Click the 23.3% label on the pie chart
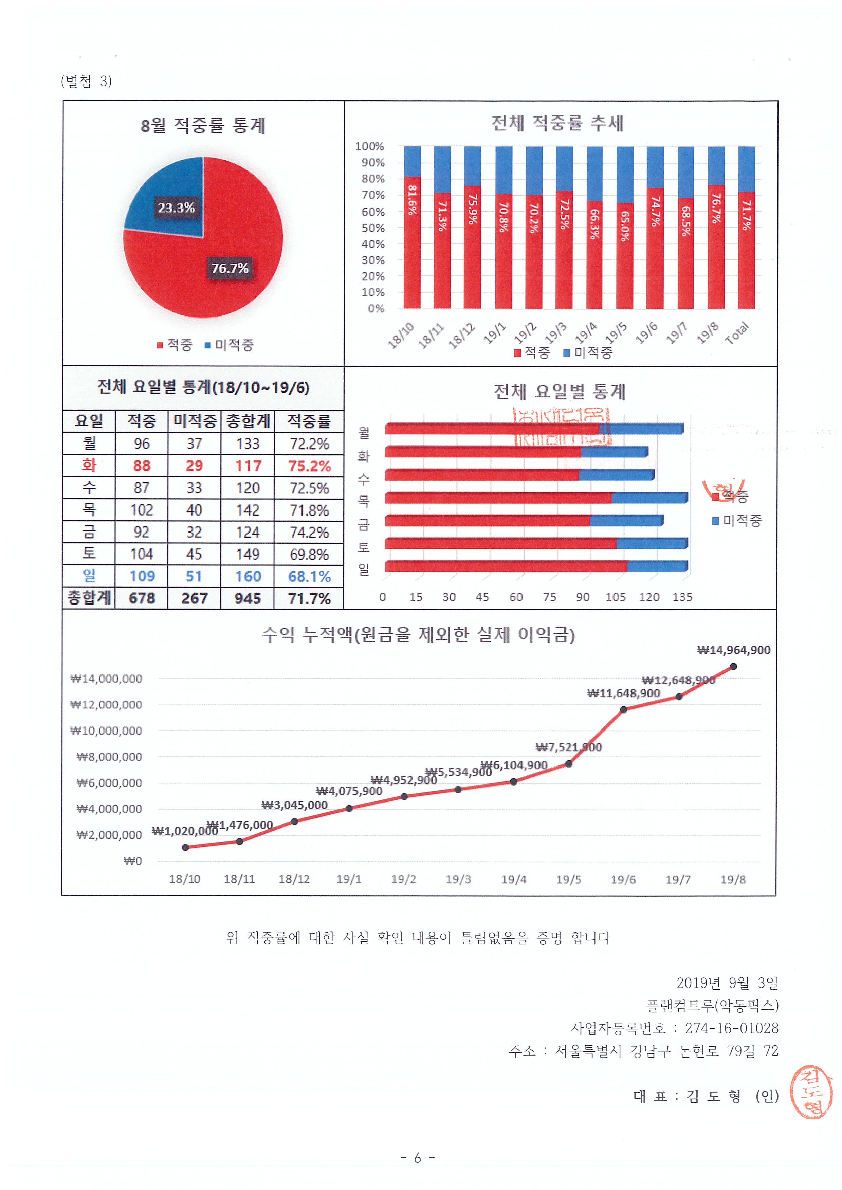point(176,208)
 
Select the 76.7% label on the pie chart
point(230,268)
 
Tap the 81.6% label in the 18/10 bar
point(412,200)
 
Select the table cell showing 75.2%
point(309,466)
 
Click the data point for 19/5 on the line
point(569,764)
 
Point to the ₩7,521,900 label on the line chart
point(568,747)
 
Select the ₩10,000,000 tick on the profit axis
point(106,731)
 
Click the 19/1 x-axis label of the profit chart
point(348,879)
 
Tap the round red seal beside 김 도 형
point(811,1092)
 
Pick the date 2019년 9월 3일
point(727,982)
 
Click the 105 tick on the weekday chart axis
point(616,597)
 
